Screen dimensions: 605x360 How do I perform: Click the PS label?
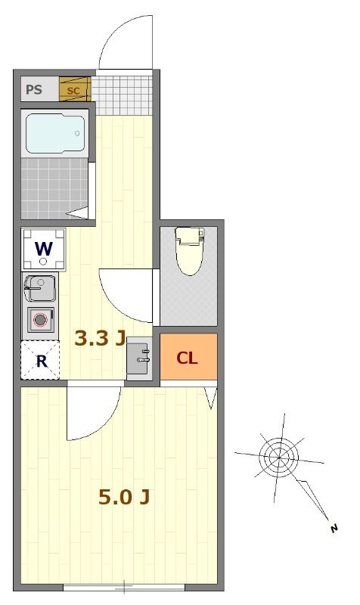tap(34, 90)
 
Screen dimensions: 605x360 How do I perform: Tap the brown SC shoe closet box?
tap(74, 90)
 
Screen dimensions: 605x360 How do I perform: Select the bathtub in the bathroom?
tap(55, 133)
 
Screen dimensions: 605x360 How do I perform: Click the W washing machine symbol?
tap(44, 248)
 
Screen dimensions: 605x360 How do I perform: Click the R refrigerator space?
tap(41, 361)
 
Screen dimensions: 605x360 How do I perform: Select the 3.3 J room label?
tap(99, 338)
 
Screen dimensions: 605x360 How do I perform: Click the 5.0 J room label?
tap(124, 497)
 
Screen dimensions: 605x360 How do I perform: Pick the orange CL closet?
tap(188, 358)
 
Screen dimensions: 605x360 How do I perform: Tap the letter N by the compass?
tap(334, 529)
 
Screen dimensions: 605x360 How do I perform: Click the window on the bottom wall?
tap(123, 587)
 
